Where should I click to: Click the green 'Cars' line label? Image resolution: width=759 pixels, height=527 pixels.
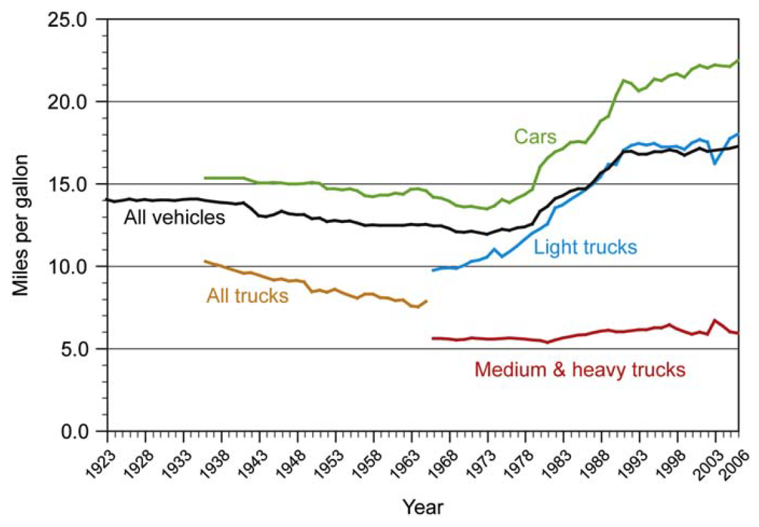[x=535, y=136]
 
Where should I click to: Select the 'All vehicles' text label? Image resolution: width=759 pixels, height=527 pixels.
[x=174, y=217]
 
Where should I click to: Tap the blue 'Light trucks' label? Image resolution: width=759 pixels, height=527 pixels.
[x=585, y=247]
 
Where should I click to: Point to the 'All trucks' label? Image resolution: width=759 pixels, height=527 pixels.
[x=247, y=296]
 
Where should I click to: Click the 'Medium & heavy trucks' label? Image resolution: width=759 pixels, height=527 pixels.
[x=580, y=370]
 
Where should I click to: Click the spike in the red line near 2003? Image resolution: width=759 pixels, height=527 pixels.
[x=715, y=320]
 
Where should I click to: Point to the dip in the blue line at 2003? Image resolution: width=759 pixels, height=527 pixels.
[x=715, y=163]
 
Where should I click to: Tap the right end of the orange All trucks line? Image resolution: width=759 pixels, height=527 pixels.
[x=427, y=301]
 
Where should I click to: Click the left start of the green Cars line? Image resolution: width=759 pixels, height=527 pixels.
[x=205, y=178]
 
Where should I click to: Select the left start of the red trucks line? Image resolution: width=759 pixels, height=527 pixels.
[x=432, y=338]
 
